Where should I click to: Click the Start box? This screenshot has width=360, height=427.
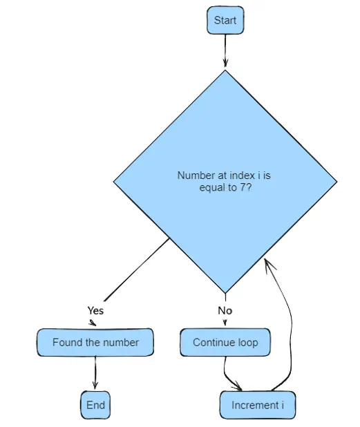[x=225, y=21]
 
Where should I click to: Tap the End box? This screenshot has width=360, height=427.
[x=95, y=405]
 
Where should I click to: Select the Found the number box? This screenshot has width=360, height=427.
[x=95, y=342]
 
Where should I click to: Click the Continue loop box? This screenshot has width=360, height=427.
[x=225, y=342]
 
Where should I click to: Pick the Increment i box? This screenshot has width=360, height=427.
[x=258, y=405]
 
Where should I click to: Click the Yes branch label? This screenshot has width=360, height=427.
[x=95, y=310]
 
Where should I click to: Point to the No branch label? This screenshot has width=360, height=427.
[x=225, y=310]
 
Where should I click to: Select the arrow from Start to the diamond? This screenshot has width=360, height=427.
[x=225, y=50]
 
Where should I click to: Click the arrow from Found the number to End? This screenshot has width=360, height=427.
[x=95, y=372]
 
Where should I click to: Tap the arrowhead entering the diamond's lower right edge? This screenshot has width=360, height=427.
[x=269, y=264]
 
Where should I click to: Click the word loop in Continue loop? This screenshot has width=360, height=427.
[x=248, y=343]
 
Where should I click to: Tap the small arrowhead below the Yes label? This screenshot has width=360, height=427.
[x=93, y=323]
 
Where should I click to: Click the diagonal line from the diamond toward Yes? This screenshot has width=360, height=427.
[x=137, y=269]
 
